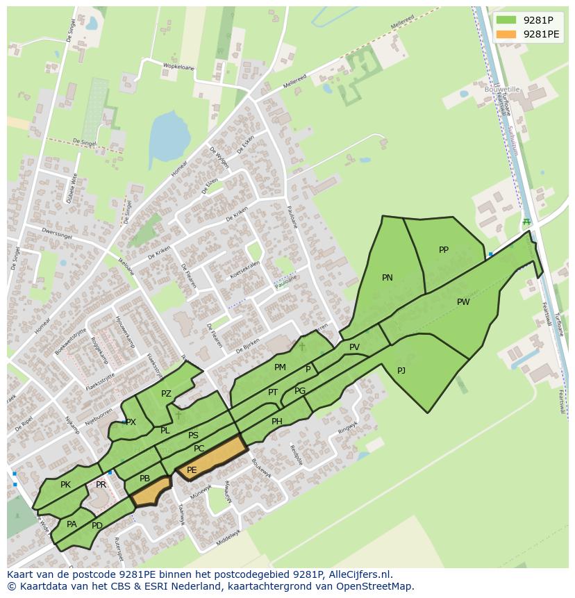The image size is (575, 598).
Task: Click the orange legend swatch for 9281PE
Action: pos(506,34)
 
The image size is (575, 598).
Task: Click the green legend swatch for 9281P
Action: pos(506,20)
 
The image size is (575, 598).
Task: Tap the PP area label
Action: pos(444,250)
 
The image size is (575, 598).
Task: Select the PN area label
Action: pos(387,278)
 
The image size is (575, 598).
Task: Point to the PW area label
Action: pos(463,302)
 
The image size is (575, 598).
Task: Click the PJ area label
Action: pos(401,371)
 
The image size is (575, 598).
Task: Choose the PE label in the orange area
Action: pos(192,470)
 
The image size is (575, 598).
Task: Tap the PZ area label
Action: pos(166,394)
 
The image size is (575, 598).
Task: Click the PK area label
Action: pos(65,485)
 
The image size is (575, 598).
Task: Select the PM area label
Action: pos(280,367)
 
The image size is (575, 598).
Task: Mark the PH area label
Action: pos(277,422)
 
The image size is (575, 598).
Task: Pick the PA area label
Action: pos(72,524)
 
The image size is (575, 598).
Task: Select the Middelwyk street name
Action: pos(227,537)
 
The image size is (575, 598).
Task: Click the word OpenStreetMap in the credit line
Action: pos(376,586)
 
